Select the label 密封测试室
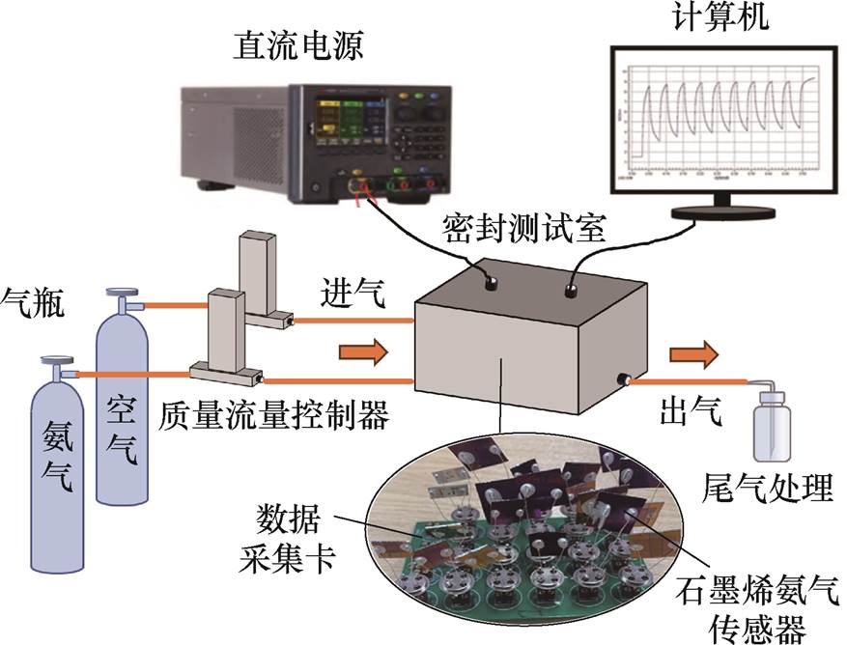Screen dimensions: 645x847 point(523,230)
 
